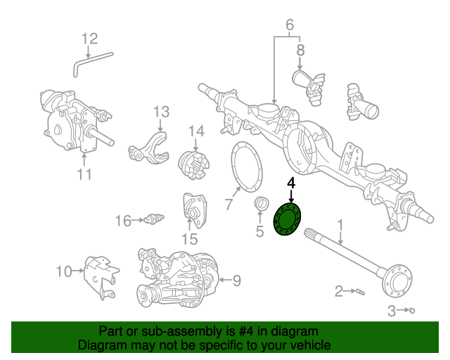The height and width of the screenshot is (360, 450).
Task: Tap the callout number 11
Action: point(84,174)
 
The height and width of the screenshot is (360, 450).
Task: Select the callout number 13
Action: point(162,112)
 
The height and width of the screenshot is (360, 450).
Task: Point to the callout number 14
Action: point(195,131)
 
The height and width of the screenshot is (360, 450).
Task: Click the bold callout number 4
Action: point(291,183)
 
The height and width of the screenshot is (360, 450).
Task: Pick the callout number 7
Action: point(228,205)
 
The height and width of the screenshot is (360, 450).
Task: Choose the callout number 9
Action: point(236,281)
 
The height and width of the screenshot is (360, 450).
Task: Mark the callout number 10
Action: point(64,271)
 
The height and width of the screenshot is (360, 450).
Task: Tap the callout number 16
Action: point(123,221)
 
